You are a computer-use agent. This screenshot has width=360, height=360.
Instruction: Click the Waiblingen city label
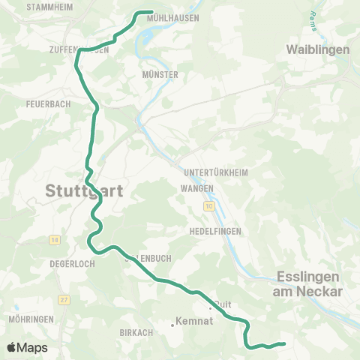(x=318, y=49)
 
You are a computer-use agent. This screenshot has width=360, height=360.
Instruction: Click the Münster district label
(x=159, y=75)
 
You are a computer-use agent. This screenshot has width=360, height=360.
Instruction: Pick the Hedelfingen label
(x=214, y=231)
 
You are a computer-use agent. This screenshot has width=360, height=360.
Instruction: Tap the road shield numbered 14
(x=55, y=239)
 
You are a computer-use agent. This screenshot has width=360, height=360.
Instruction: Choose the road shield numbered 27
(x=64, y=299)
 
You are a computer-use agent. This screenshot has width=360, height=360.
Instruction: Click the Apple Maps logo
(x=28, y=347)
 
